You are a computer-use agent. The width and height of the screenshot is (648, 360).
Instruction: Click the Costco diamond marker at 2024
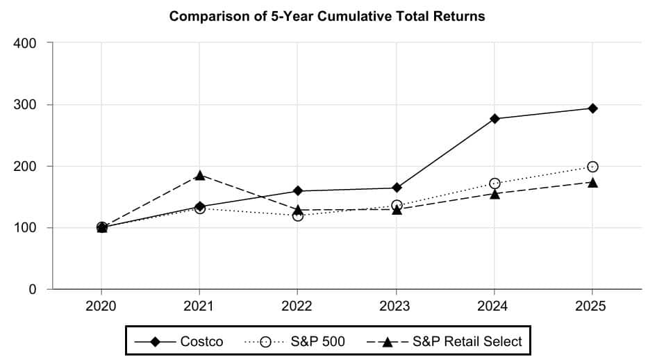pyautogui.click(x=495, y=119)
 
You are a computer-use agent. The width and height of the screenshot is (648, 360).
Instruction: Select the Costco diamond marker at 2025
pyautogui.click(x=592, y=108)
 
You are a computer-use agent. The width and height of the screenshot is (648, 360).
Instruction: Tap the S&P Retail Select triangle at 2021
pyautogui.click(x=200, y=175)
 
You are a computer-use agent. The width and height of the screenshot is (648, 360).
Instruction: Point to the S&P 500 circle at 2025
pyautogui.click(x=592, y=167)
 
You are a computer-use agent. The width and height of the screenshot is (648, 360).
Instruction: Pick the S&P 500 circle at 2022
pyautogui.click(x=298, y=215)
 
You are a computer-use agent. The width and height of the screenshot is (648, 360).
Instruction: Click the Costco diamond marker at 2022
pyautogui.click(x=298, y=190)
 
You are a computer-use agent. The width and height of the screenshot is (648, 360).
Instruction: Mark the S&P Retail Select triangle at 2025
pyautogui.click(x=592, y=182)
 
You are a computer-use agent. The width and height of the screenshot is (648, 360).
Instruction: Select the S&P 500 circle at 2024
pyautogui.click(x=495, y=183)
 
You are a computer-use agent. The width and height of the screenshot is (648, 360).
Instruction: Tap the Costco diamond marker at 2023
pyautogui.click(x=397, y=188)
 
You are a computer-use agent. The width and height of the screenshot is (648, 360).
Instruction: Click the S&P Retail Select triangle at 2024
pyautogui.click(x=495, y=194)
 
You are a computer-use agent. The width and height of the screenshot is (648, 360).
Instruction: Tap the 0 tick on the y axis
pyautogui.click(x=35, y=289)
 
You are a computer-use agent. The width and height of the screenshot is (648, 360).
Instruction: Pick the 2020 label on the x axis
pyautogui.click(x=102, y=306)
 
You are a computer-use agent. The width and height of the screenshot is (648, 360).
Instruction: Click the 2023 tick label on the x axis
pyautogui.click(x=397, y=306)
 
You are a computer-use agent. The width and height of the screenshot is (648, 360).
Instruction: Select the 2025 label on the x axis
pyautogui.click(x=592, y=306)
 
